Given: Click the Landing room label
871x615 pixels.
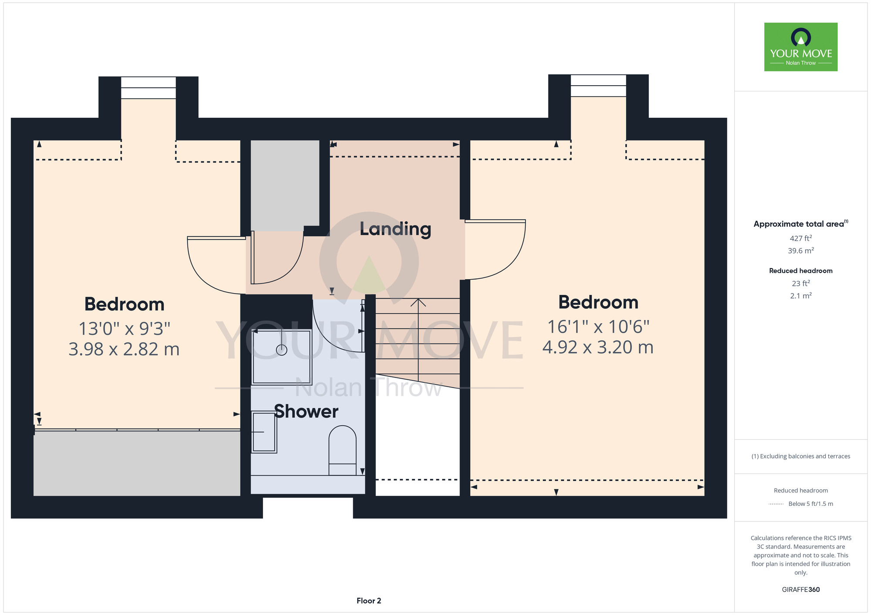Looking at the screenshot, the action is click(x=395, y=229).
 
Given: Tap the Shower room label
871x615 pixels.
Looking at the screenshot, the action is click(x=306, y=411).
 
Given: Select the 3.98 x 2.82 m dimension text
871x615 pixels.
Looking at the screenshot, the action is click(x=124, y=349).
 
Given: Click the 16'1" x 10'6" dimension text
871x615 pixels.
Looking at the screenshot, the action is click(x=598, y=327).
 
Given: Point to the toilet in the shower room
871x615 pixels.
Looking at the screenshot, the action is click(x=342, y=451).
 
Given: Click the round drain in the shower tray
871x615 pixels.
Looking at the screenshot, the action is click(x=282, y=350).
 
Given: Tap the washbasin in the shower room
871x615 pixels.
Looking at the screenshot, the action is click(x=264, y=432).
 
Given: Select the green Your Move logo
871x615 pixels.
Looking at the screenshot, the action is click(x=801, y=47).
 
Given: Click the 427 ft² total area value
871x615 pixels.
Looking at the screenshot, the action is click(x=801, y=238).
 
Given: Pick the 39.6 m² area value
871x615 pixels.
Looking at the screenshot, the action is click(x=801, y=251).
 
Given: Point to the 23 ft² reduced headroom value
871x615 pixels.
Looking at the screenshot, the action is click(x=801, y=283).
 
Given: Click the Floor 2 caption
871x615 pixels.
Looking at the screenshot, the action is click(x=369, y=601).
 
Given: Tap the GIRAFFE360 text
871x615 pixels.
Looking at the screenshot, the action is click(x=801, y=590).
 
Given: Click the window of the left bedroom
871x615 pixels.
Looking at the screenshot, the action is click(x=149, y=87).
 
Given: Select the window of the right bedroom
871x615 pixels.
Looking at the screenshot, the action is click(x=598, y=86).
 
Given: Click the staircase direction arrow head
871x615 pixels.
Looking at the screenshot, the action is click(x=418, y=302).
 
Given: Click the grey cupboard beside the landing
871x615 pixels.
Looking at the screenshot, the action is click(x=285, y=186).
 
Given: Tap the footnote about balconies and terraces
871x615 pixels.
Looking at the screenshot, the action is click(x=801, y=456).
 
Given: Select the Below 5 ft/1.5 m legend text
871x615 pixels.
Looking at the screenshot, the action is click(x=811, y=504).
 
